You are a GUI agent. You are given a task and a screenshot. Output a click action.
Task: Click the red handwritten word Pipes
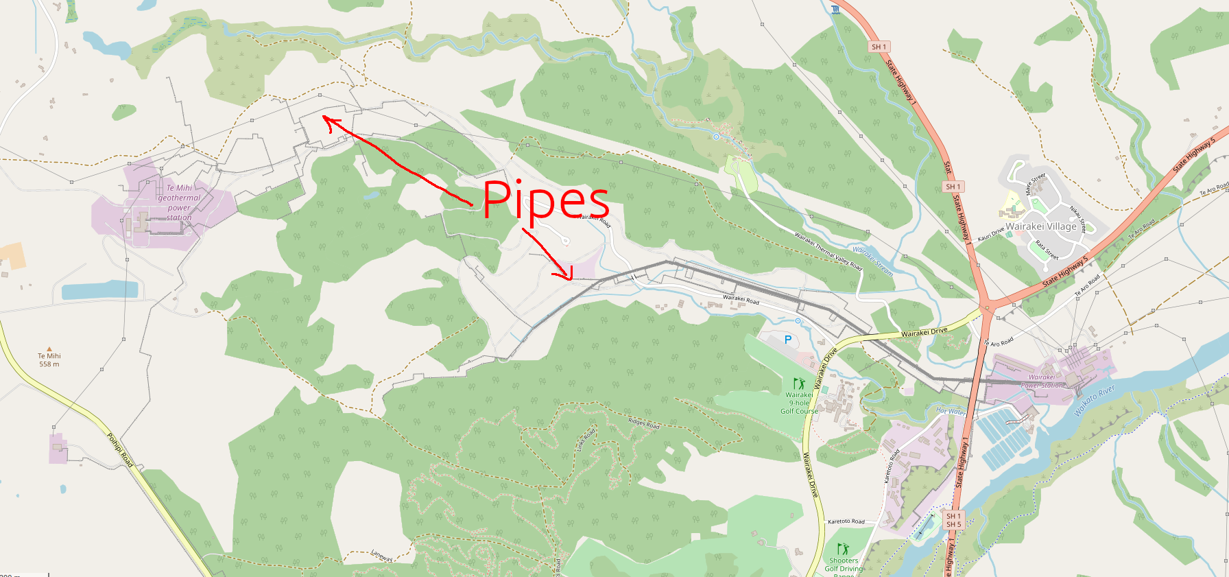tap(546, 200)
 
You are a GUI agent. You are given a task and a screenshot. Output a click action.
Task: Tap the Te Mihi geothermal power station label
tap(179, 202)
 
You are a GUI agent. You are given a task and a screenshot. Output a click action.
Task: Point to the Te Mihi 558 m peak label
tap(49, 360)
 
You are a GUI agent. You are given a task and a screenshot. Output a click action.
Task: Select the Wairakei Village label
tap(1040, 226)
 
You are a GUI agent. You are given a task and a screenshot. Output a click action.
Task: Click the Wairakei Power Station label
tap(1042, 381)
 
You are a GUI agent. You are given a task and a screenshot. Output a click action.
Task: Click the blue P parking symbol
tap(788, 340)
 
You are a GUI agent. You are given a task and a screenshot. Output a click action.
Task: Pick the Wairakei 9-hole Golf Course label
tap(799, 403)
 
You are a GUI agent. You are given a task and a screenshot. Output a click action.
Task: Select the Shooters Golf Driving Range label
tap(844, 565)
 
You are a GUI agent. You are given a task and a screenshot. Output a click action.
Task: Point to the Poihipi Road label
tap(119, 450)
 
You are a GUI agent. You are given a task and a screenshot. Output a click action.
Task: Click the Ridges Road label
tap(643, 423)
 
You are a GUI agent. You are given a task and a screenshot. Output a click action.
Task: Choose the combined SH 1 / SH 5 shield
tap(953, 520)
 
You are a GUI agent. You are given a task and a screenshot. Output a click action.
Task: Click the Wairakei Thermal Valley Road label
tap(828, 251)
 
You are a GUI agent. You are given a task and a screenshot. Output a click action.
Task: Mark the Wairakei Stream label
tap(872, 261)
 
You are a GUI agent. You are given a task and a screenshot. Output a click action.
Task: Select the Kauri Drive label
tap(991, 234)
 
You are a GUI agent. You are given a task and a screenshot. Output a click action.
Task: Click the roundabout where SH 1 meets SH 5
tap(987, 306)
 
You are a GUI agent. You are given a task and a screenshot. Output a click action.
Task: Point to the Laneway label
tap(382, 556)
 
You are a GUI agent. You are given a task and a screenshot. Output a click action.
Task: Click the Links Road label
tap(585, 438)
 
